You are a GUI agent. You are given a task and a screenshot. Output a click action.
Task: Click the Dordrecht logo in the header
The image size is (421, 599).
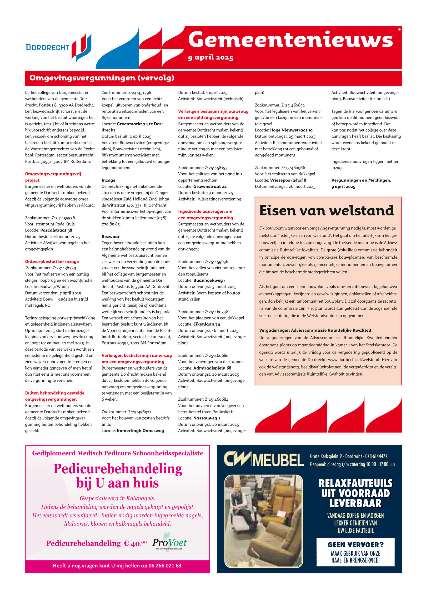tap(58, 47)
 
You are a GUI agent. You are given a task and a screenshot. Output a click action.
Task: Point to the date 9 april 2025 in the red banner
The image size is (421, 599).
tap(210, 58)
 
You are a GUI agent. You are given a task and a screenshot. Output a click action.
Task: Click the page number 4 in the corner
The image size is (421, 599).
tap(399, 29)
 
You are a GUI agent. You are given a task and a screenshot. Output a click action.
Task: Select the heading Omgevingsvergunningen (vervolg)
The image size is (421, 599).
tap(102, 78)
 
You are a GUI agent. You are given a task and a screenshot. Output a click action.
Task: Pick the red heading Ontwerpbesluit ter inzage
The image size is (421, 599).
tap(52, 262)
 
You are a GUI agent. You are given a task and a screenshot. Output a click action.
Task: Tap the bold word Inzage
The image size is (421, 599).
tap(108, 180)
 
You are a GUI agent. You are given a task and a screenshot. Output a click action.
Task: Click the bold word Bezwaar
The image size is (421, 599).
tap(111, 237)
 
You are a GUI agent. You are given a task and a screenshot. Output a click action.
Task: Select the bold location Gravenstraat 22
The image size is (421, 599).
tap(210, 186)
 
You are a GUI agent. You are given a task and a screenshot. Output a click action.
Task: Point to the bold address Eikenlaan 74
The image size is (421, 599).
tap(207, 324)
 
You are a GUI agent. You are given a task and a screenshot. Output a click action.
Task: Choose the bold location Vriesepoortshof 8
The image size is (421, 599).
tap(288, 180)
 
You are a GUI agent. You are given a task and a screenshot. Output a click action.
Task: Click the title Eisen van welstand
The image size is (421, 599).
tap(327, 211)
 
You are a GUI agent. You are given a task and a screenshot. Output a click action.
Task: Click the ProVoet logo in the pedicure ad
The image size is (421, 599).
tap(169, 543)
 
